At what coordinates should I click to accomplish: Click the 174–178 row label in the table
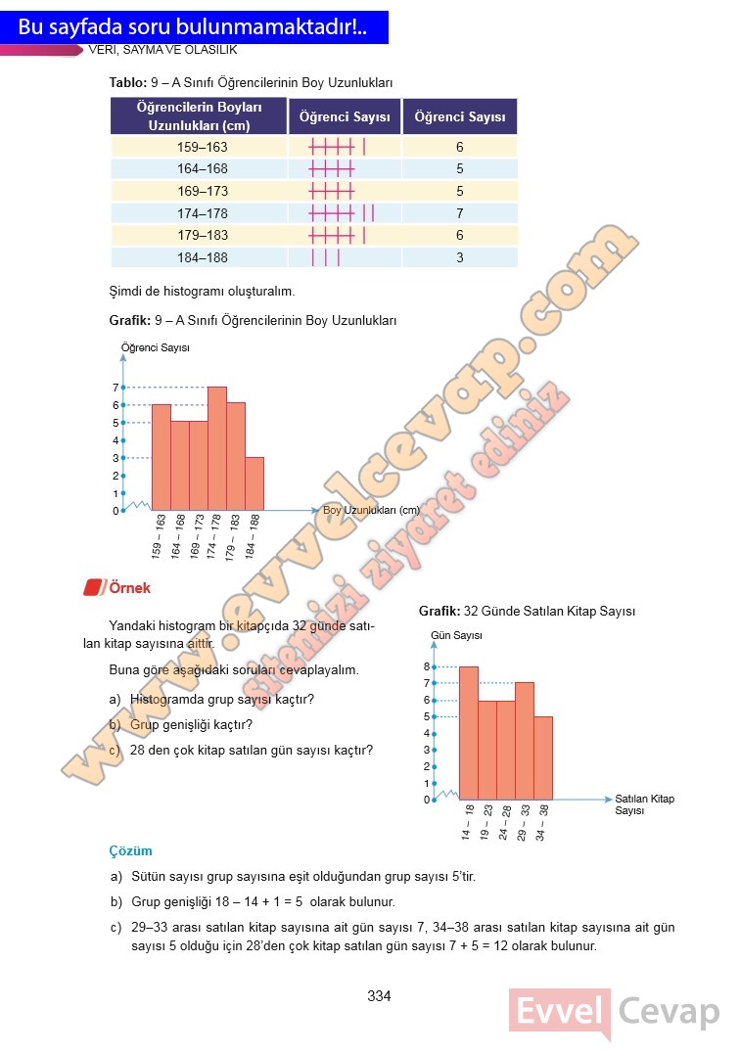pyautogui.click(x=202, y=213)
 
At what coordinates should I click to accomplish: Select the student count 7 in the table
pyautogui.click(x=459, y=213)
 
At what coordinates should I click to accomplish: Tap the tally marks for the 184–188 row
pyautogui.click(x=326, y=257)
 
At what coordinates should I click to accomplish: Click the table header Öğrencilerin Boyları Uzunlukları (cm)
pyautogui.click(x=199, y=116)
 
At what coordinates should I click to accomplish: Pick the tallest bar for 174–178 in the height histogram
pyautogui.click(x=217, y=448)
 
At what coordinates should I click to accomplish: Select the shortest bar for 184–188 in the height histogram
pyautogui.click(x=254, y=483)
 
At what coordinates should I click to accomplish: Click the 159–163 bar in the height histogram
pyautogui.click(x=161, y=457)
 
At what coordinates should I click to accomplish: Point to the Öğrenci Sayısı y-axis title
pyautogui.click(x=155, y=347)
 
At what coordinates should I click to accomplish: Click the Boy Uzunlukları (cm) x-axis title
pyautogui.click(x=371, y=510)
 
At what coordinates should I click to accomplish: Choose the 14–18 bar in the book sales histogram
pyautogui.click(x=468, y=732)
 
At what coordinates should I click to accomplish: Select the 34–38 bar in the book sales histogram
pyautogui.click(x=543, y=757)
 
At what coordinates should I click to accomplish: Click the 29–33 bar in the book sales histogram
pyautogui.click(x=525, y=741)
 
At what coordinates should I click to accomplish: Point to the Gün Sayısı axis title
pyautogui.click(x=456, y=636)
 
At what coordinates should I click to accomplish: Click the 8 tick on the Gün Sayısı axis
pyautogui.click(x=427, y=666)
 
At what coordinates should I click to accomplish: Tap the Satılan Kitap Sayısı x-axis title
pyautogui.click(x=644, y=804)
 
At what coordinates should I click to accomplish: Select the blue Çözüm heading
pyautogui.click(x=130, y=851)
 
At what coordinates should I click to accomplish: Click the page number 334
pyautogui.click(x=379, y=996)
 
